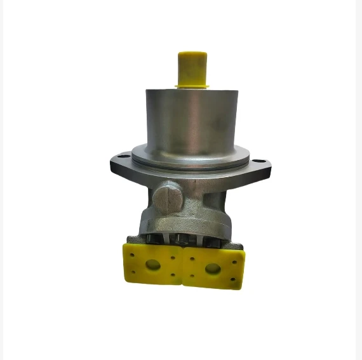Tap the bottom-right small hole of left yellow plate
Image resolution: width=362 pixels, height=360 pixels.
click(173, 276)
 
